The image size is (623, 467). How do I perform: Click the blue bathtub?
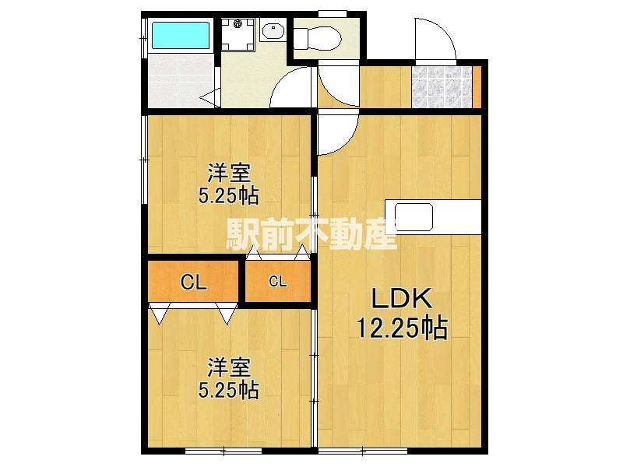pos(181,35)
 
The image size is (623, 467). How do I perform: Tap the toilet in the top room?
pos(318,38)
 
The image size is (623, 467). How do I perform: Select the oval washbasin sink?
pos(273,30)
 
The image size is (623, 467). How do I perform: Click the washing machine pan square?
pos(238,34)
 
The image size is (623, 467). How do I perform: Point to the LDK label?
pos(401,299)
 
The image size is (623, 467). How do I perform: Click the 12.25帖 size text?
pos(402,328)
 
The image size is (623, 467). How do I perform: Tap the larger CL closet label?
pos(193,283)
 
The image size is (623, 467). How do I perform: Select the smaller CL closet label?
pos(277,282)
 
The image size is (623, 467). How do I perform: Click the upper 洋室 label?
pos(229,173)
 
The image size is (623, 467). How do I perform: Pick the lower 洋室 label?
pos(229,367)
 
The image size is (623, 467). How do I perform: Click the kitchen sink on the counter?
pos(414,217)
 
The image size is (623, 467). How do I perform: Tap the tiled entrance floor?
pos(441,87)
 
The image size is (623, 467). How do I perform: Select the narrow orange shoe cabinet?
pos(477,87)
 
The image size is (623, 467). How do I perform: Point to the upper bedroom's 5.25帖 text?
pos(228,196)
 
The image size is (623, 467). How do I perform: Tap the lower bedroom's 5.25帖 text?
pos(228,390)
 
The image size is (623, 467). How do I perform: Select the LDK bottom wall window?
pos(363,451)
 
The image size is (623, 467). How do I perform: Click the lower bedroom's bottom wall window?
pos(224,451)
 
